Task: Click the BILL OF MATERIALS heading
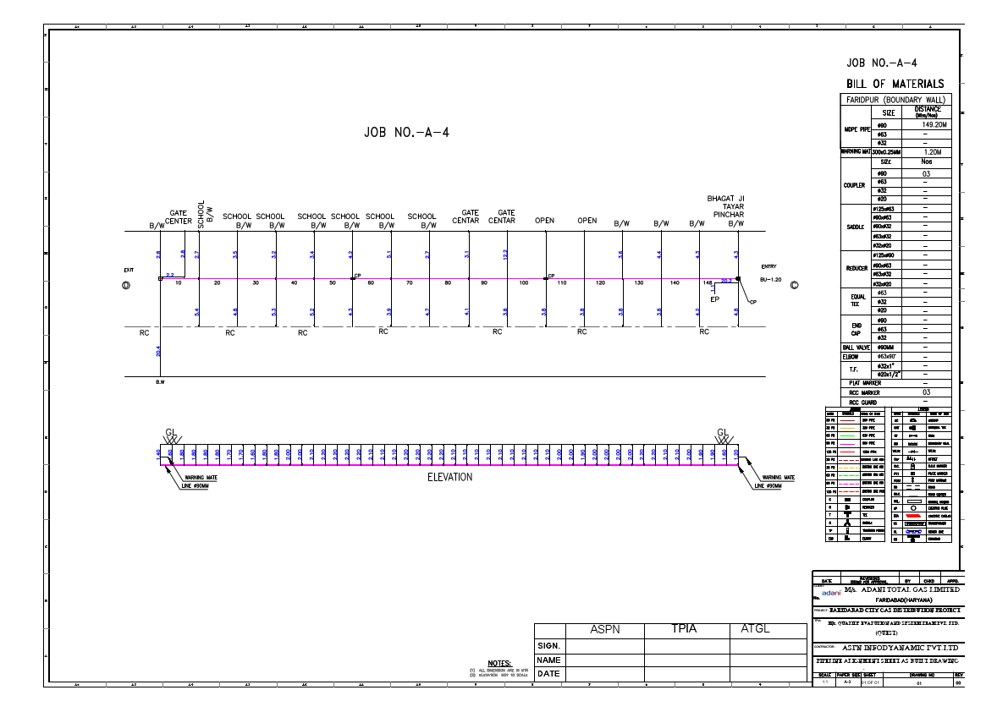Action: tap(895, 83)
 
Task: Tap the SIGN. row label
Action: tap(549, 646)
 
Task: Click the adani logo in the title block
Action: tap(829, 593)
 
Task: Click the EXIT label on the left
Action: tap(129, 270)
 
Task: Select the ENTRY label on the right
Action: tap(768, 267)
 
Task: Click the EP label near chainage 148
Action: tap(714, 298)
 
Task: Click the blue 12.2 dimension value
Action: tap(505, 255)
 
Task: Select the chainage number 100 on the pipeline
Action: tap(523, 283)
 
